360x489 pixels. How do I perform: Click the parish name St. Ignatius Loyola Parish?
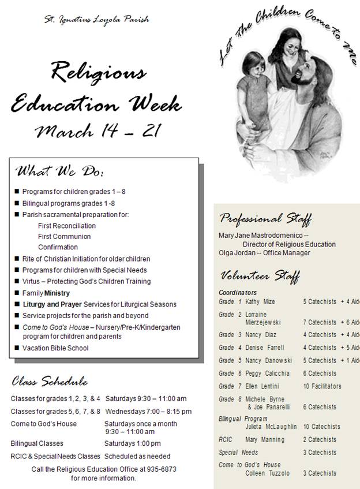click(x=97, y=19)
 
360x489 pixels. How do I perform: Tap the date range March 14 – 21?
click(x=97, y=131)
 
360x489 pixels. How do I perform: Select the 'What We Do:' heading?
click(x=60, y=171)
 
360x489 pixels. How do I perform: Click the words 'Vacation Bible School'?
click(x=55, y=348)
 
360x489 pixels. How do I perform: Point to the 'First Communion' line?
click(x=64, y=236)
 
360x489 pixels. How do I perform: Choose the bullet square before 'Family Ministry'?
click(x=17, y=293)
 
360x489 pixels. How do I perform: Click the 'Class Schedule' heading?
click(x=50, y=382)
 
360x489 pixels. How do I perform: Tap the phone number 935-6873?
click(x=162, y=469)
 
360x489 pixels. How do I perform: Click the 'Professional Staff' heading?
click(x=265, y=219)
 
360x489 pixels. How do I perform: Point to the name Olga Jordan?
click(x=238, y=253)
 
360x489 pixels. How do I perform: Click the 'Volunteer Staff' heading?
click(x=259, y=275)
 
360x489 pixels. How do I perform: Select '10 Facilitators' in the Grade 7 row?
click(x=322, y=386)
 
